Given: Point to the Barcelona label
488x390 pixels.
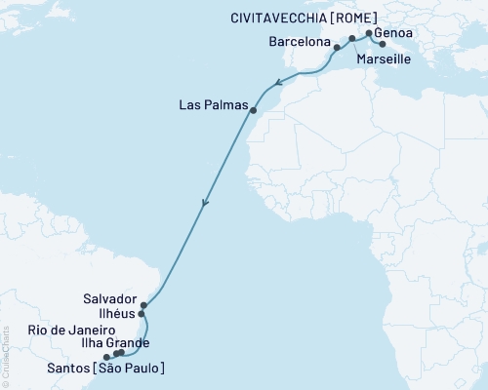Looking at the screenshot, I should click(299, 44).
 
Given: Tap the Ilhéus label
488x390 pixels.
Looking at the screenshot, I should click(116, 316).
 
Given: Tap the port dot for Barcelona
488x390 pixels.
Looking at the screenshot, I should click(337, 47).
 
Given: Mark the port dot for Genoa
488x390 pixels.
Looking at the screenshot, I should click(367, 33).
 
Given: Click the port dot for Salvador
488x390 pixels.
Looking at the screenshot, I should click(143, 305).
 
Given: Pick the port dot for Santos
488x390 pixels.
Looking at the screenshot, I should click(106, 357).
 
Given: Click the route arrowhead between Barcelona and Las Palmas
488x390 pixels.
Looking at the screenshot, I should click(279, 83).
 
